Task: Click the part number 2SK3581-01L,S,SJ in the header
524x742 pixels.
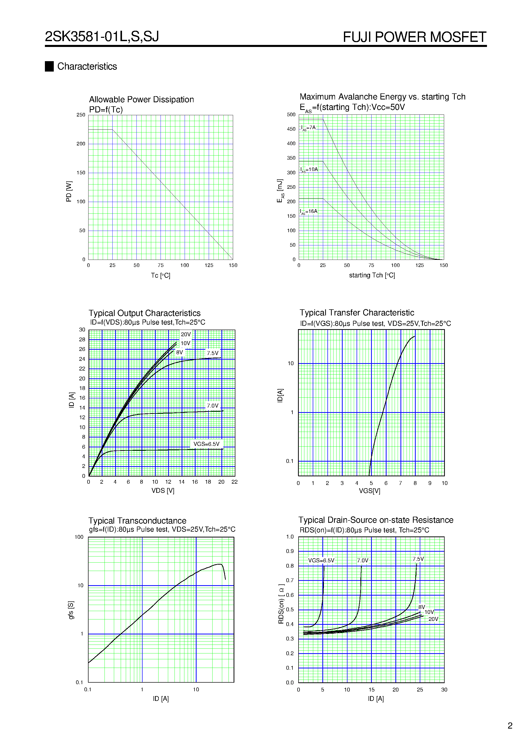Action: (102, 37)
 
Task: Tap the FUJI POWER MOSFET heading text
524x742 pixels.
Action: (414, 37)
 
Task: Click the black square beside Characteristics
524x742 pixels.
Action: (49, 66)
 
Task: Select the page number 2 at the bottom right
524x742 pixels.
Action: (510, 726)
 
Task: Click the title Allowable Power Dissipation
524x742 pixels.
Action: (141, 99)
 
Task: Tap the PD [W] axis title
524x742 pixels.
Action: (69, 191)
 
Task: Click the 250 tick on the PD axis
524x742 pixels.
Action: (81, 115)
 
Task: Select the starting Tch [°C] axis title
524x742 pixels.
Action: (372, 275)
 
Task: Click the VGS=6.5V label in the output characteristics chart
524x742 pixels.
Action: (206, 444)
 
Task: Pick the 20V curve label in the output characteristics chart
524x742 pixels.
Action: (186, 334)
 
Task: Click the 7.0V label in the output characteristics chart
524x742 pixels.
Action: (213, 406)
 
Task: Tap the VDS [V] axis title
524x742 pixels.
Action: (163, 491)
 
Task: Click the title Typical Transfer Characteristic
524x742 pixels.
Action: (357, 313)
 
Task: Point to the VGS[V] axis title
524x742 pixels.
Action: (369, 491)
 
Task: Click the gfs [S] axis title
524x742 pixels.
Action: (71, 610)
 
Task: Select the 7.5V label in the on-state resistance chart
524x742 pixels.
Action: (418, 559)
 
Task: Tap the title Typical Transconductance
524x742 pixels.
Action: (137, 521)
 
